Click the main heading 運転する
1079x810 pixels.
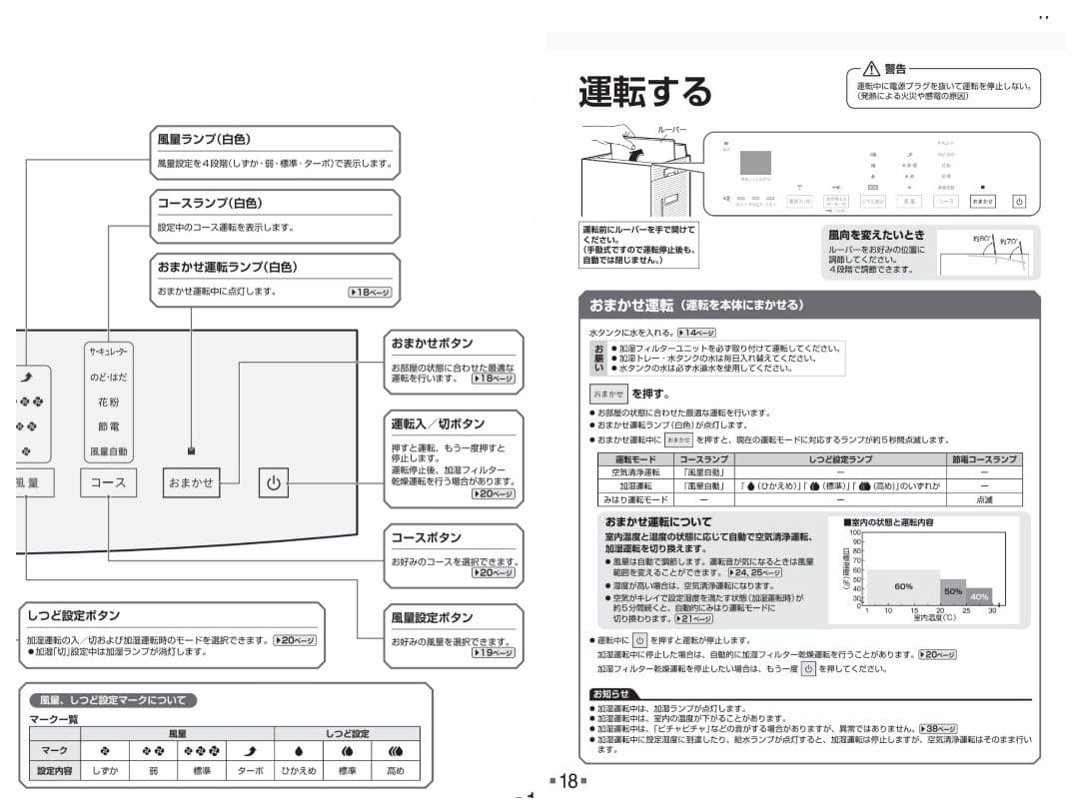pyautogui.click(x=644, y=92)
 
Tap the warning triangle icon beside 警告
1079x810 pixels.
pyautogui.click(x=870, y=69)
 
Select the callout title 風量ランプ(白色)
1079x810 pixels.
pyautogui.click(x=217, y=140)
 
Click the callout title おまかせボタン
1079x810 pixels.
pyautogui.click(x=432, y=344)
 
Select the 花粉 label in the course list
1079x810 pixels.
pyautogui.click(x=108, y=402)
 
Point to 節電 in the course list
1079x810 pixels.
pyautogui.click(x=108, y=426)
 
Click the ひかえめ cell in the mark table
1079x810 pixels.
pyautogui.click(x=298, y=772)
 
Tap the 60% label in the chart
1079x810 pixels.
pyautogui.click(x=903, y=586)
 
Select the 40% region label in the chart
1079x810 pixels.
pyautogui.click(x=979, y=596)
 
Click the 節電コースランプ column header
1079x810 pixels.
pyautogui.click(x=984, y=459)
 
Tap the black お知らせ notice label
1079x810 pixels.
pyautogui.click(x=610, y=694)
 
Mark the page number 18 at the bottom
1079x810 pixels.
pyautogui.click(x=567, y=781)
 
